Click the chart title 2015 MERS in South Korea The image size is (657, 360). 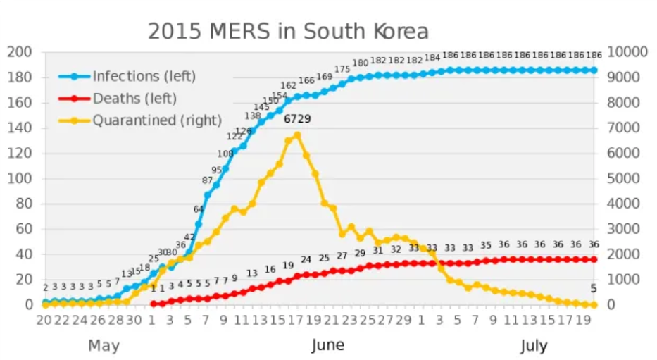[x=287, y=32]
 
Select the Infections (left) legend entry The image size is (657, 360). [x=144, y=76]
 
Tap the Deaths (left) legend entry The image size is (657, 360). [x=134, y=99]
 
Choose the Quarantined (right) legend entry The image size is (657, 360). [x=156, y=120]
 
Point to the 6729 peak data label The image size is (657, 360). [x=297, y=119]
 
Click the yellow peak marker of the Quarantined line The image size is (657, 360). [x=297, y=135]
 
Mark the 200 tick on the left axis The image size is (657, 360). [x=19, y=52]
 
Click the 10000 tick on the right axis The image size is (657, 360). [x=626, y=52]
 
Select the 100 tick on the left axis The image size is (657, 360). [x=19, y=178]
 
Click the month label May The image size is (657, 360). [x=104, y=346]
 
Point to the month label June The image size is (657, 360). [x=327, y=346]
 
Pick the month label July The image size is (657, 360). [x=534, y=346]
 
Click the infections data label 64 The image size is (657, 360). [x=198, y=209]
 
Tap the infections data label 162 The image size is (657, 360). [x=288, y=86]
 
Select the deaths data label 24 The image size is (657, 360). [x=306, y=259]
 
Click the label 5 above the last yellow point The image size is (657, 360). [x=593, y=288]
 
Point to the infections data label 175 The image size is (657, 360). [x=342, y=69]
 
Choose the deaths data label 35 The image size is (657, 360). [x=486, y=245]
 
